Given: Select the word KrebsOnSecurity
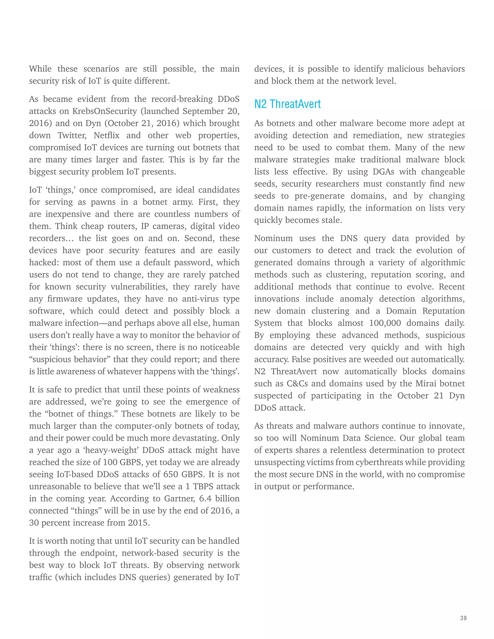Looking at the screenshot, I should point(104,111).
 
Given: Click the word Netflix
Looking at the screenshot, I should point(107,136).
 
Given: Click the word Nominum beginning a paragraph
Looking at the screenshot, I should point(273,238).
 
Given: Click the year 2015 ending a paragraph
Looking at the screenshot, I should point(139,523).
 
